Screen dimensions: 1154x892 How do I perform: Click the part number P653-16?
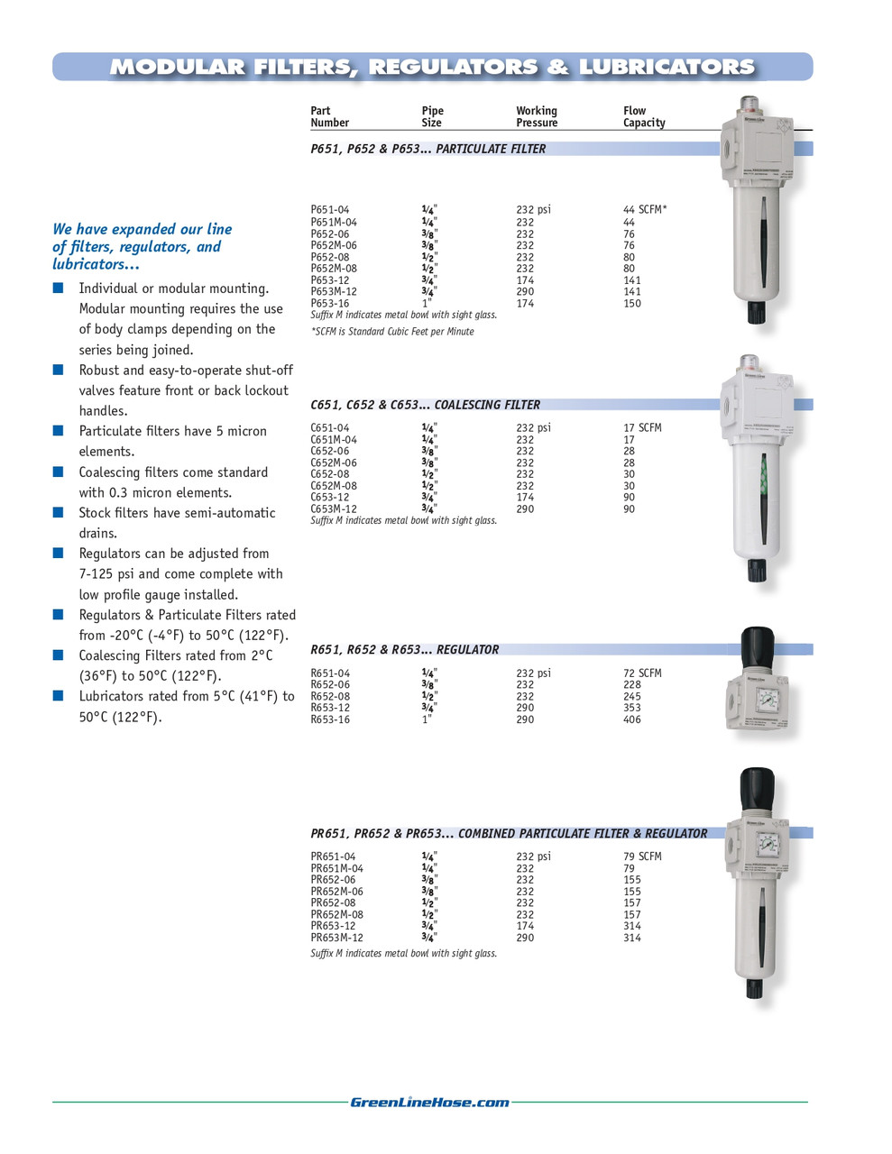tap(329, 304)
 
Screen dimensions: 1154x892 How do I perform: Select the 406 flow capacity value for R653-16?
tap(632, 719)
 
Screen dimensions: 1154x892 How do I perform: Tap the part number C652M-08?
tap(334, 486)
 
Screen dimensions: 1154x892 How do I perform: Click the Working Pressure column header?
tap(537, 116)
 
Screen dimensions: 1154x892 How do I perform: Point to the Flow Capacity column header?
tap(644, 116)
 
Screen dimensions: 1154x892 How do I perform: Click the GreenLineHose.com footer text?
tap(429, 1102)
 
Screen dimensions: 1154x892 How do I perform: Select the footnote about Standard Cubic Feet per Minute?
tap(392, 332)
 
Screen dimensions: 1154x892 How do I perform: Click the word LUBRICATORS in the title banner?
tap(666, 67)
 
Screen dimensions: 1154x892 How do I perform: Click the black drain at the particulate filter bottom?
tap(755, 312)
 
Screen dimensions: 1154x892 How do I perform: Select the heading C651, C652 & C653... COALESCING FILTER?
tap(425, 405)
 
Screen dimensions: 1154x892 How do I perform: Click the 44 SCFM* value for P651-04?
tap(645, 209)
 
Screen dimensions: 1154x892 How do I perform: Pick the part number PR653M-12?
tap(336, 938)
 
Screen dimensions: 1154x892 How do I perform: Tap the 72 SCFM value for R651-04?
tap(642, 673)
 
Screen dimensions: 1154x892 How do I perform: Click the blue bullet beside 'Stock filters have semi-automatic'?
tap(58, 513)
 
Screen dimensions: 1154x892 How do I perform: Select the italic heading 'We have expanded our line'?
tap(142, 229)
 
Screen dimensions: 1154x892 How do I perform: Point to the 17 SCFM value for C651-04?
tap(642, 428)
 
